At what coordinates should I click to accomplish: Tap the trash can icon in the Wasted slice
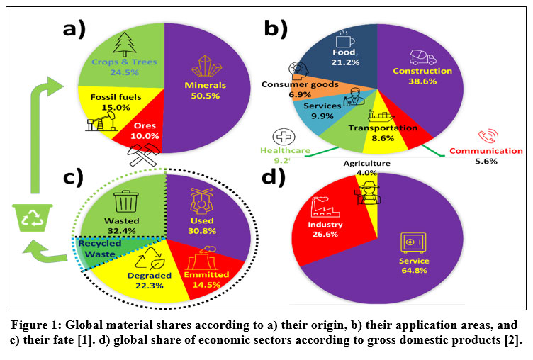point(126,201)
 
